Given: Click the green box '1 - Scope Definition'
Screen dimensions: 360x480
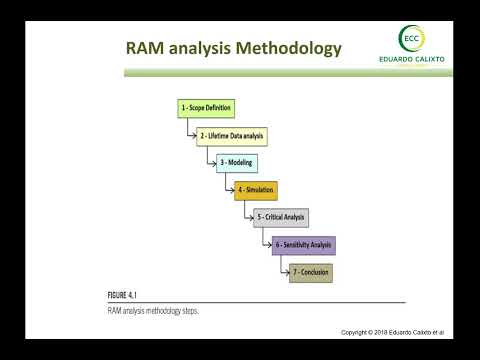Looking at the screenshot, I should (x=204, y=107).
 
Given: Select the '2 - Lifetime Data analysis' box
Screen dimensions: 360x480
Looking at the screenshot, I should (x=232, y=134).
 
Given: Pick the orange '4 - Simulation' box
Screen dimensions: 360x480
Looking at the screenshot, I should (x=255, y=189).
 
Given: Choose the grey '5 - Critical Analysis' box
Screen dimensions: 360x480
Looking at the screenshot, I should (x=281, y=216).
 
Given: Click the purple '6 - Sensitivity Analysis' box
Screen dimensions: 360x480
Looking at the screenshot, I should (x=304, y=244).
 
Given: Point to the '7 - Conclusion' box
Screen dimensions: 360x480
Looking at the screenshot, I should (x=310, y=271).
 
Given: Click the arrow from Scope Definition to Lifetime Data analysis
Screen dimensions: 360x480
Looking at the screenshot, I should (x=188, y=130).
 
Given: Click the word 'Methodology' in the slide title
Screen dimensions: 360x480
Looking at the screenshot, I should (x=286, y=48).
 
